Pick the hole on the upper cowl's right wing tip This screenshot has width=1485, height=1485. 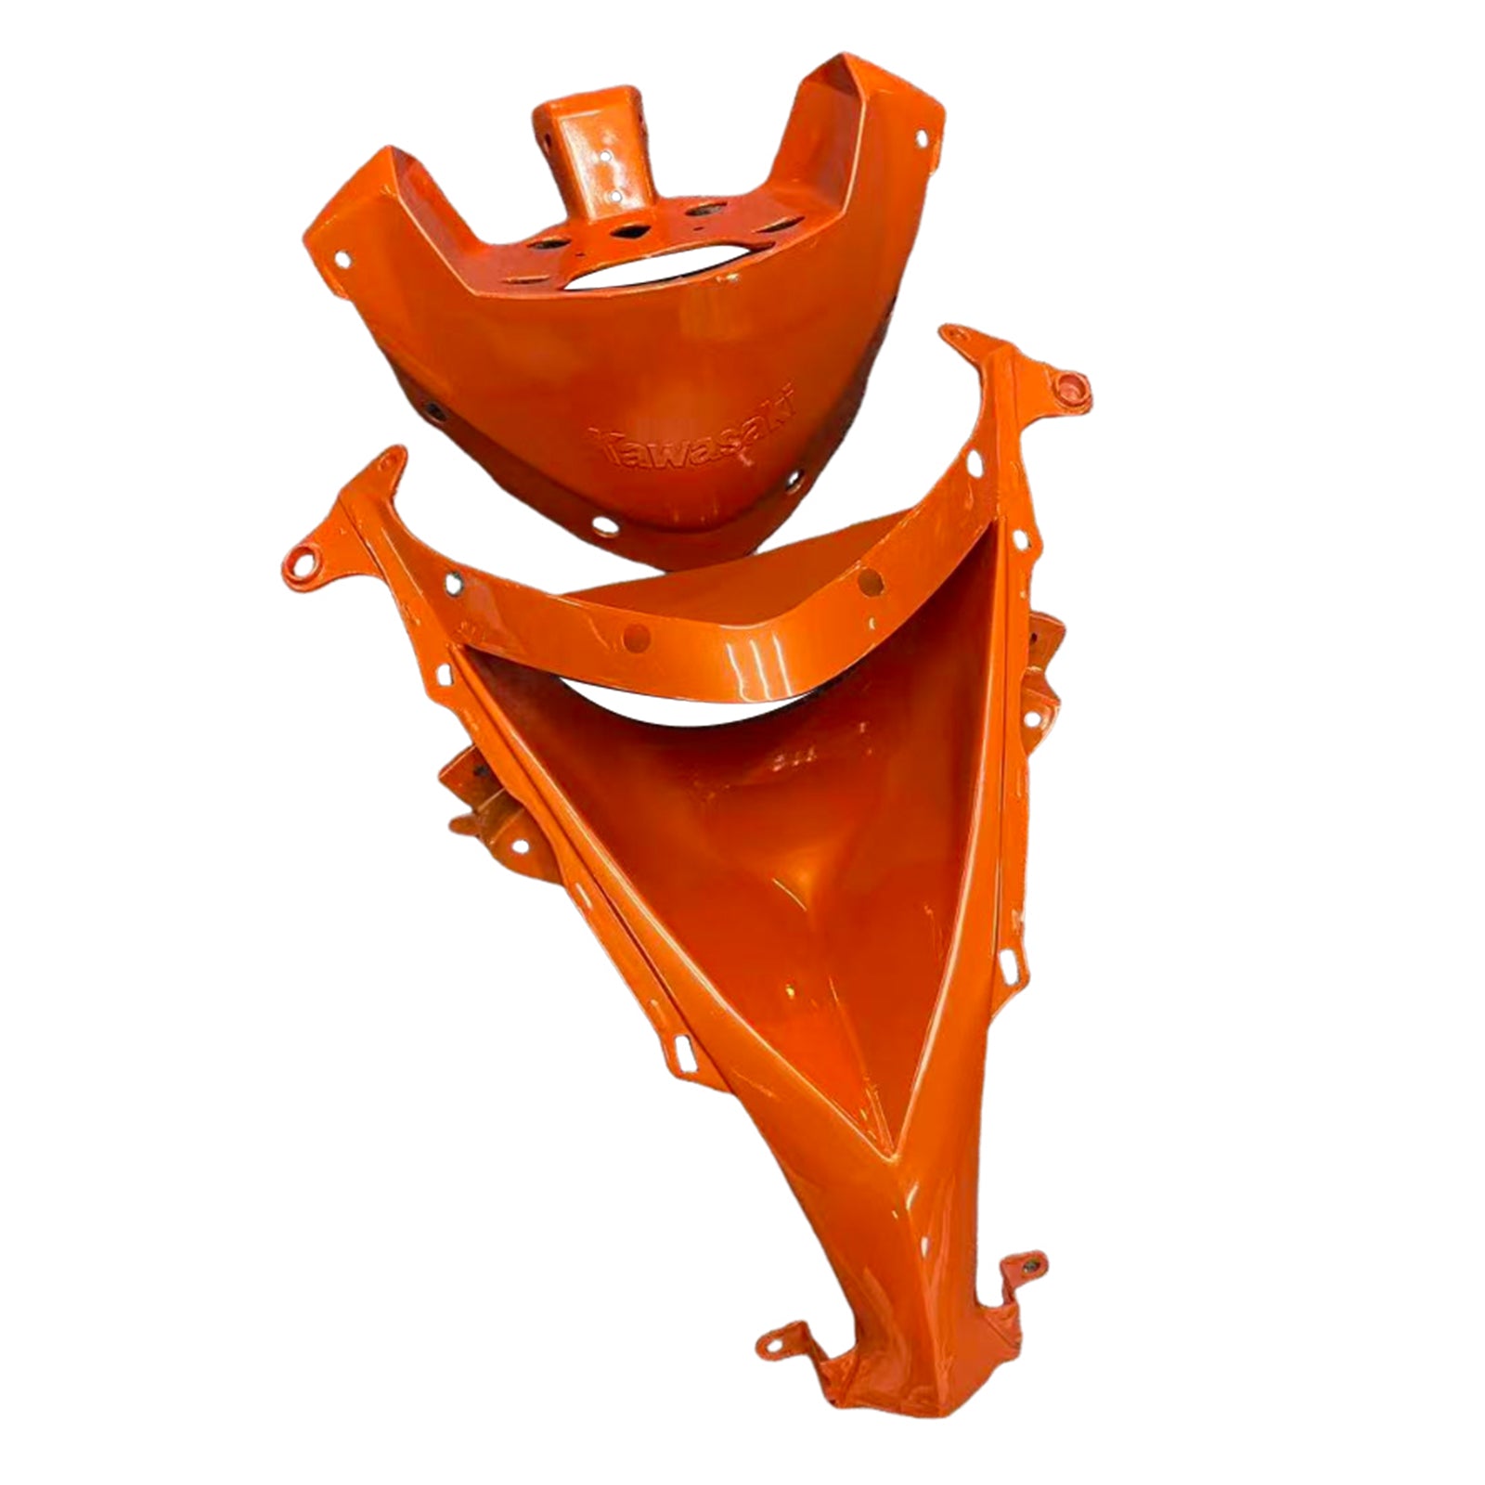coord(922,139)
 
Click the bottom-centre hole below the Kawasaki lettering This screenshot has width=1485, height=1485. coord(604,525)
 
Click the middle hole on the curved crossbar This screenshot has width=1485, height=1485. coord(636,637)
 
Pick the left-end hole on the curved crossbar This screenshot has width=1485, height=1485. coord(454,583)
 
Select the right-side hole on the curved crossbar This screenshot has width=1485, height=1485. coord(870,582)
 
